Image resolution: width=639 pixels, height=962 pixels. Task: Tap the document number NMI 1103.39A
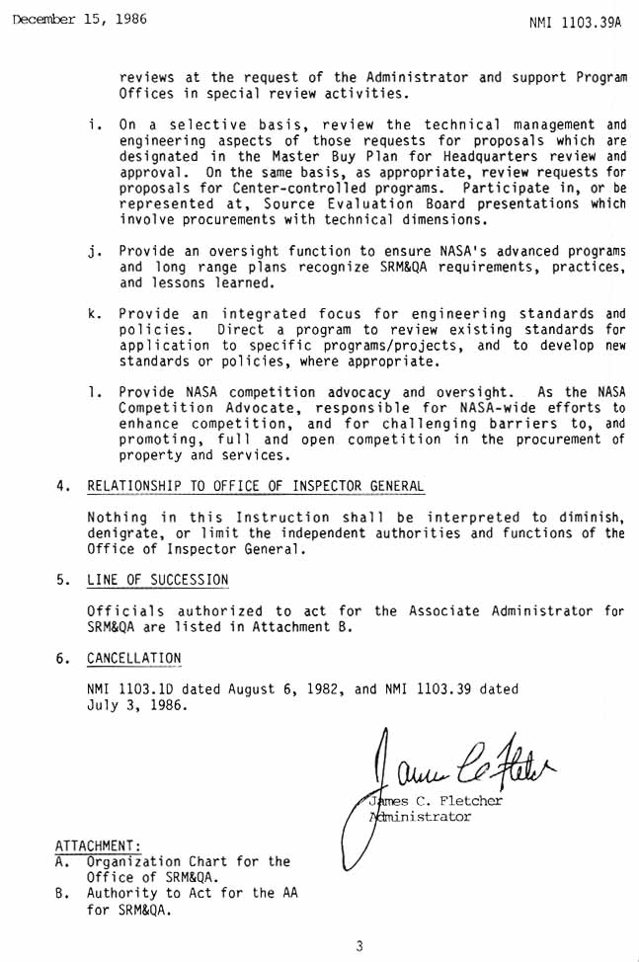click(576, 21)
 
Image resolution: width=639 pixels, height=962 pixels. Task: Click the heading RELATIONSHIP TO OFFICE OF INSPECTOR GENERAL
click(256, 487)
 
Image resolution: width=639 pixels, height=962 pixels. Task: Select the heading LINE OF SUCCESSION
click(158, 580)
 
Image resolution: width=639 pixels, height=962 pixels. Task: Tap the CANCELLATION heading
click(134, 658)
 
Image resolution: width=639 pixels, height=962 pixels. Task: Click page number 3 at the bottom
click(359, 945)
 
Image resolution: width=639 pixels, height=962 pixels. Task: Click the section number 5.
click(61, 580)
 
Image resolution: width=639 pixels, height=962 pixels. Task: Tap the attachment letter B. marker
click(61, 893)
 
